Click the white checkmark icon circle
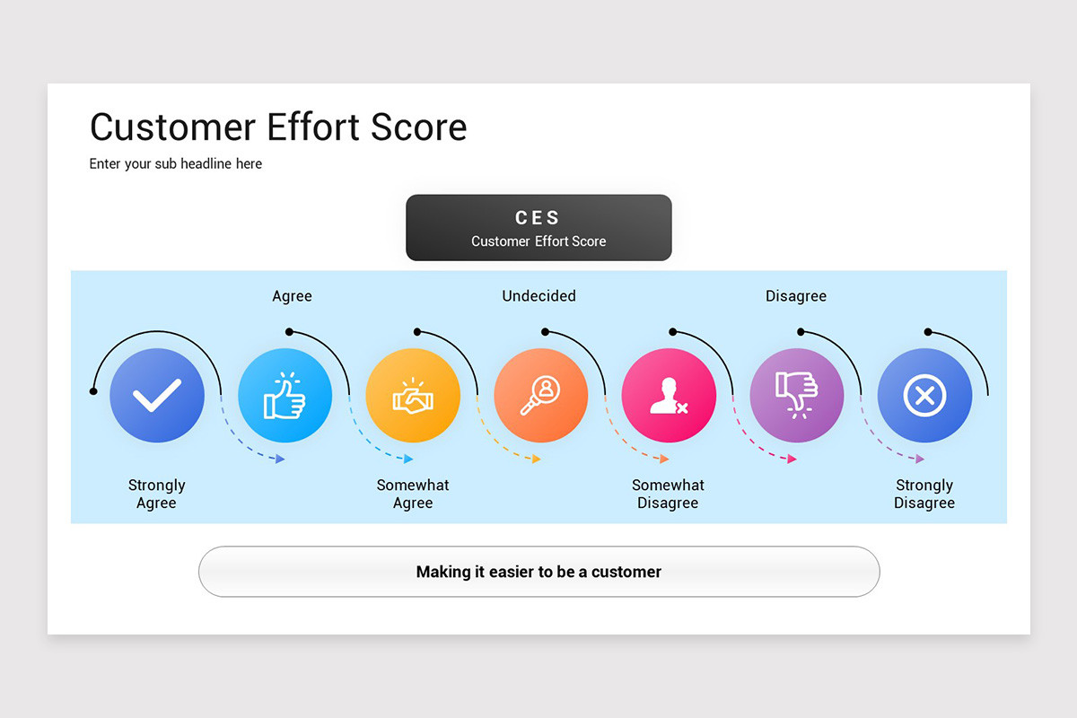[x=157, y=396]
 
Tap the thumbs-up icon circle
[x=285, y=396]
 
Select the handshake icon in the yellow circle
[x=413, y=396]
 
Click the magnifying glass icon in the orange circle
[x=541, y=396]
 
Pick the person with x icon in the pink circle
[x=669, y=396]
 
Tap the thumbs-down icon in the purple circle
[x=797, y=396]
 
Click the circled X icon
[x=924, y=396]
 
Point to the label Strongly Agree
[x=157, y=494]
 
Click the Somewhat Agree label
[x=413, y=494]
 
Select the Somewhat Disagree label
[x=668, y=494]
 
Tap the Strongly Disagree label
[x=924, y=494]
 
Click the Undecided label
[x=538, y=296]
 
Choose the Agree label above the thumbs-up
[x=292, y=296]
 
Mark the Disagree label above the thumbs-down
[x=796, y=296]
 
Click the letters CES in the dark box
[x=538, y=218]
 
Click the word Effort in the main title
[x=320, y=127]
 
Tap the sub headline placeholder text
[x=176, y=164]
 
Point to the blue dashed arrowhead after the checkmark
[x=280, y=459]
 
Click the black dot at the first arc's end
[x=93, y=391]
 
